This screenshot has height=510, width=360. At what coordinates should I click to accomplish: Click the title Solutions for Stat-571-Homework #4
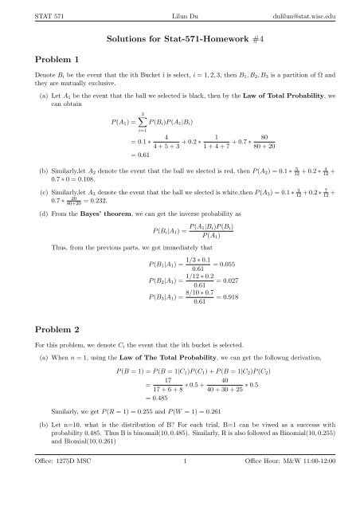click(x=180, y=37)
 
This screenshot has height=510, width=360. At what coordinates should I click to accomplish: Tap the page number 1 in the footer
click(x=180, y=500)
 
